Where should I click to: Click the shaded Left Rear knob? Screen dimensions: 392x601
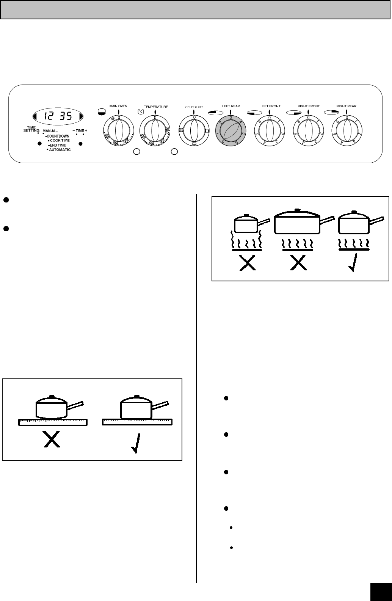pos(230,133)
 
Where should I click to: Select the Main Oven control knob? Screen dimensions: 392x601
pos(118,132)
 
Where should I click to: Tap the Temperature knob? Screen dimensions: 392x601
pos(155,132)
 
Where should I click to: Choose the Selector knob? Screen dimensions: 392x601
pos(194,132)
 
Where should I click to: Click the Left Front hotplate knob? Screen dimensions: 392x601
pos(269,133)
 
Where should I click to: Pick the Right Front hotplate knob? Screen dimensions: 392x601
pos(308,133)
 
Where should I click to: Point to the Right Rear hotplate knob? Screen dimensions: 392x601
pos(347,133)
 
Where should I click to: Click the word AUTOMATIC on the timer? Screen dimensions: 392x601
pos(60,150)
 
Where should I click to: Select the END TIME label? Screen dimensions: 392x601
pos(57,145)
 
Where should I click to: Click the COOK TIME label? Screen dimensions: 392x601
pos(60,141)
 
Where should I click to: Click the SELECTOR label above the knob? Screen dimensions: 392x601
pos(194,107)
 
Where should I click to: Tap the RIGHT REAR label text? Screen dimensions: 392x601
pos(346,106)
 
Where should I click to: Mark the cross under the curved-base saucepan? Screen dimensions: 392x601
pos(52,440)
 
